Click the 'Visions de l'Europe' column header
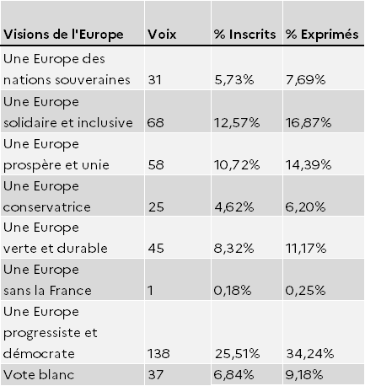63,35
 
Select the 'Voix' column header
162,35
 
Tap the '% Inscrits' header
244,35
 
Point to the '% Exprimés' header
322,35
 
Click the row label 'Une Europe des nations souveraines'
67,69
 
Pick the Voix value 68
155,123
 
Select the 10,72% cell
237,165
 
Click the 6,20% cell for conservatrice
305,207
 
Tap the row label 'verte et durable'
56,249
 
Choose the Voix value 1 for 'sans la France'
151,291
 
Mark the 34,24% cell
310,354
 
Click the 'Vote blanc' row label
39,375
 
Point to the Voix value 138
158,354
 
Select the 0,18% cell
233,291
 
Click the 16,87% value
309,123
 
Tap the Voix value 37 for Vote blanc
155,375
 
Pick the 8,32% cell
233,249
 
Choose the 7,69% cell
306,80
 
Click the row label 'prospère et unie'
56,165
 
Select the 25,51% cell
238,354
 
